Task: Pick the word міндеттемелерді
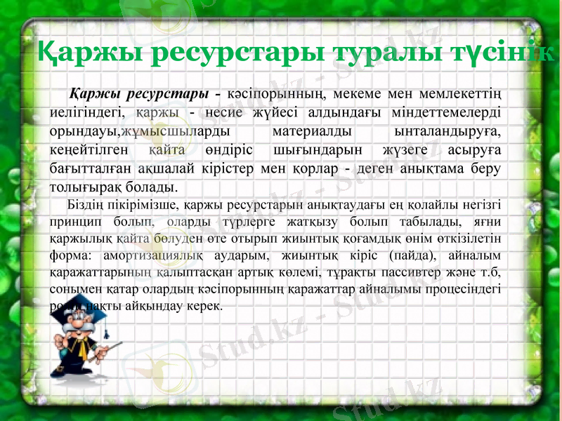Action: click(440, 112)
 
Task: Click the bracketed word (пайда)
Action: click(414, 255)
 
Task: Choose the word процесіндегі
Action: click(464, 289)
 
